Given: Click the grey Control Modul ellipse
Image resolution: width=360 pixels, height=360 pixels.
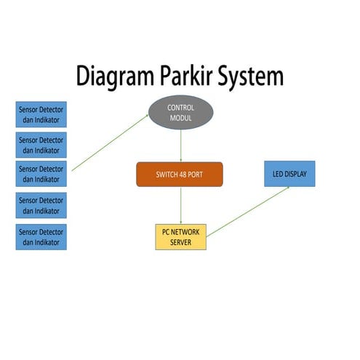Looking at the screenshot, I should pos(180,113).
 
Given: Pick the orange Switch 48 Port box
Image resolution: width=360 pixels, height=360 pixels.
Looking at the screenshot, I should pos(179,175).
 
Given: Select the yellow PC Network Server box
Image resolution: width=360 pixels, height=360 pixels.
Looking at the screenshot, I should pos(180,237).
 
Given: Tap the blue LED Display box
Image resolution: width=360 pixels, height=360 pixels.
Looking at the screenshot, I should pos(289,175).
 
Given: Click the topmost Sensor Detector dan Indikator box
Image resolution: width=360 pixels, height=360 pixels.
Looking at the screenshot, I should pos(41,113).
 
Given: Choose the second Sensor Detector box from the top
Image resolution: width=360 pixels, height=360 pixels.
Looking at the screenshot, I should pos(41,144).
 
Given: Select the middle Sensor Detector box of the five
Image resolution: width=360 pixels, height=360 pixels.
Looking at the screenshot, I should pos(41,175).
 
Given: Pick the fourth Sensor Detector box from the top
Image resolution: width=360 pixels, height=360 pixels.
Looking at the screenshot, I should pos(41,206).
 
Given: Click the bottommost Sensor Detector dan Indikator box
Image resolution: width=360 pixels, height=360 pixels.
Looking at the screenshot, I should pos(41,237).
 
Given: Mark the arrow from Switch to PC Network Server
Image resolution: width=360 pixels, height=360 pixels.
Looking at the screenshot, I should pos(180,205).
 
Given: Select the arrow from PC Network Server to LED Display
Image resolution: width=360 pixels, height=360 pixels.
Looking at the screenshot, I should pos(247,212).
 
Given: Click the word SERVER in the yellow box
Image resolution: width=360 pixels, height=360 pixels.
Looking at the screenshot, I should pos(180,242).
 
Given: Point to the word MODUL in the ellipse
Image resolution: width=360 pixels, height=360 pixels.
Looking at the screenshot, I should pos(180,118).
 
